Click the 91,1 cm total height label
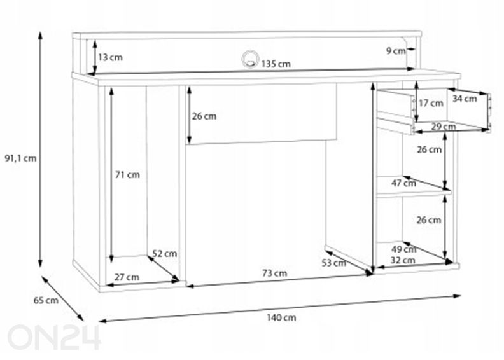[x=20, y=158]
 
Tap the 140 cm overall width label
[x=281, y=317]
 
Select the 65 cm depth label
[x=46, y=300]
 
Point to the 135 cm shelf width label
[x=276, y=64]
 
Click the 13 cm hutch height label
[x=110, y=57]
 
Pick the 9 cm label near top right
[x=396, y=51]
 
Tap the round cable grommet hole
[x=250, y=59]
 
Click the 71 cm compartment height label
[x=128, y=175]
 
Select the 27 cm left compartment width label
[x=127, y=277]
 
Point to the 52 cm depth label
[x=165, y=253]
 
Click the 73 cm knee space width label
[x=274, y=273]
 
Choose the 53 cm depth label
[x=334, y=263]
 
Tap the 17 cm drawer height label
[x=431, y=103]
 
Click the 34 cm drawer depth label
[x=465, y=99]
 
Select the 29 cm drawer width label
[x=444, y=126]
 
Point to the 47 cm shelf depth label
[x=403, y=183]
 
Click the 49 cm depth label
[x=403, y=249]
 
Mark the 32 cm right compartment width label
[x=403, y=260]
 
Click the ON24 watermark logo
[x=54, y=337]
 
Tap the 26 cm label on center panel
[x=204, y=116]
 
